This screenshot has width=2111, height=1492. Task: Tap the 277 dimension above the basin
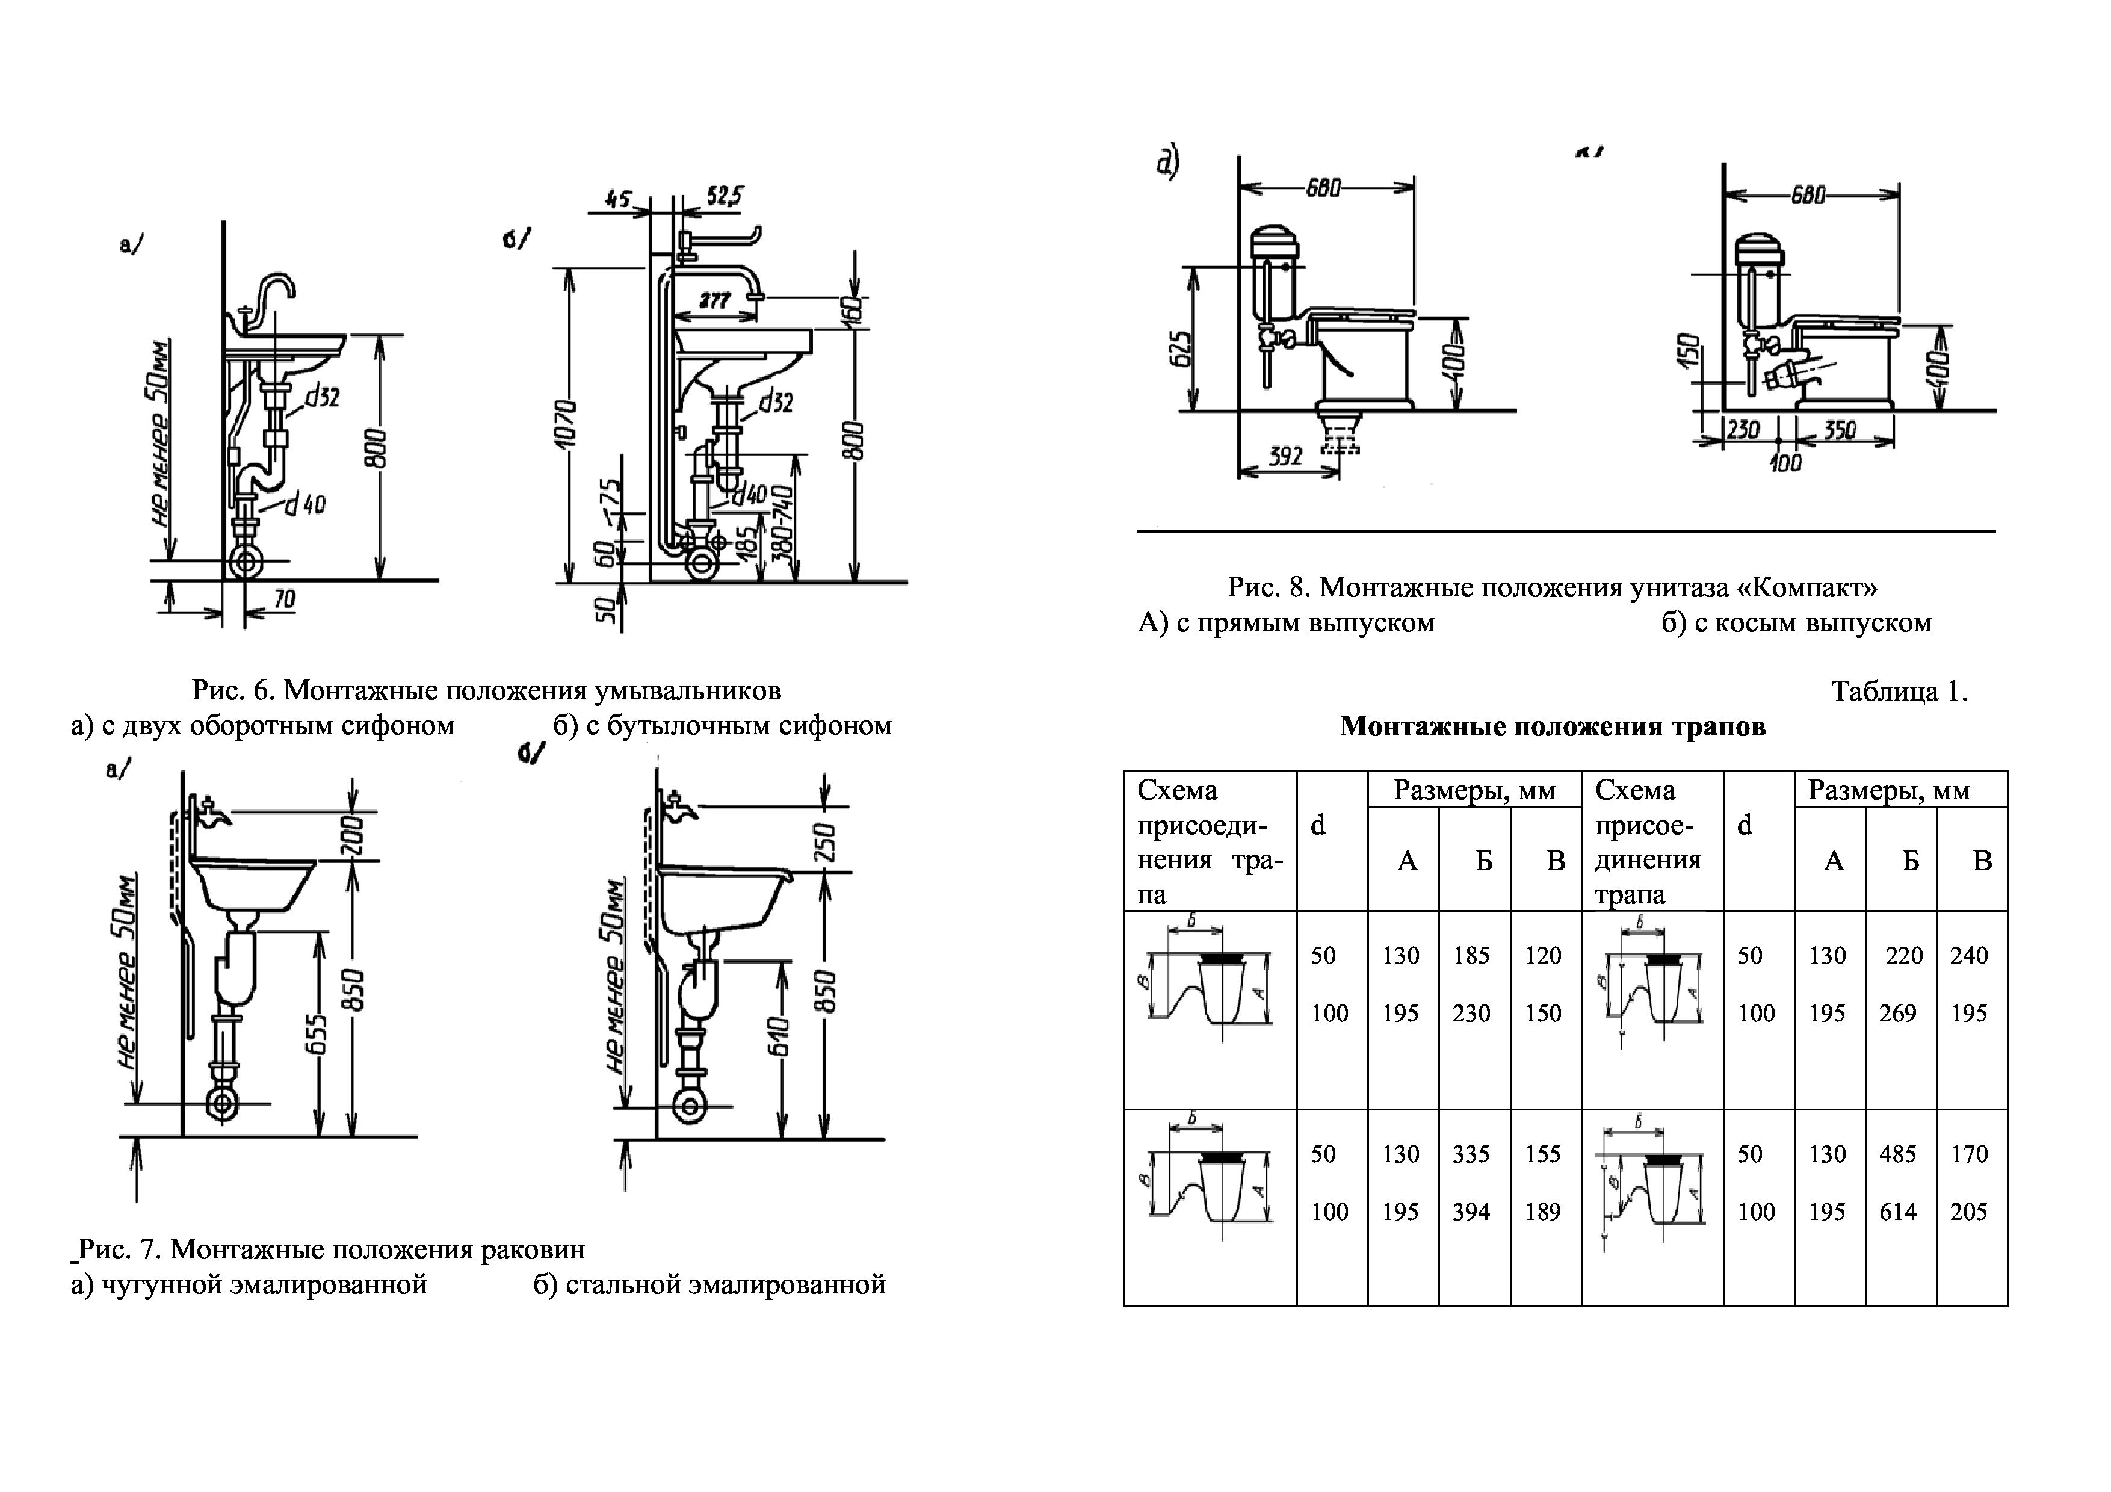tap(714, 300)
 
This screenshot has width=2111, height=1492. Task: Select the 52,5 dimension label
tap(725, 196)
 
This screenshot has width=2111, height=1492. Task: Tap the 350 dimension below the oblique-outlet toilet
tap(1839, 430)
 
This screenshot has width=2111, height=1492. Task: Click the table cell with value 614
tap(1898, 1212)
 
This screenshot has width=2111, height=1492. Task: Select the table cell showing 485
tap(1898, 1154)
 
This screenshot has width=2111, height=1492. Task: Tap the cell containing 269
tap(1898, 1013)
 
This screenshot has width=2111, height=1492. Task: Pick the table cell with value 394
tap(1471, 1212)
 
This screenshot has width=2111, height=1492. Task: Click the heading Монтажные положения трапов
tap(1552, 726)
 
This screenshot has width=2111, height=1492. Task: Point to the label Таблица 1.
tap(1899, 692)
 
